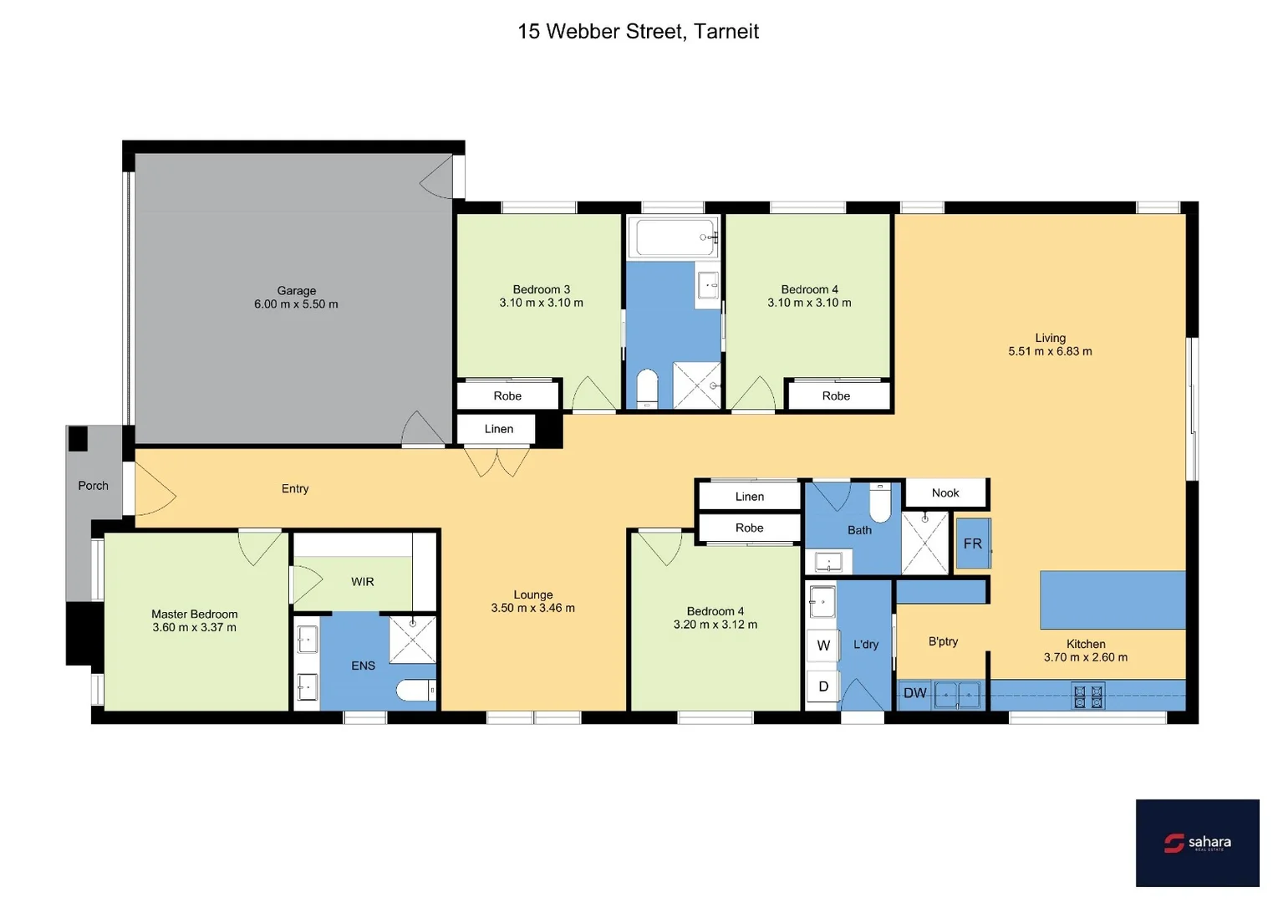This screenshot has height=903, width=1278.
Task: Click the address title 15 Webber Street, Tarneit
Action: click(638, 32)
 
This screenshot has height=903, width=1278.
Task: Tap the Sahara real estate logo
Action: click(1197, 843)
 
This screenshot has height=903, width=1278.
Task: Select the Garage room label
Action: click(297, 291)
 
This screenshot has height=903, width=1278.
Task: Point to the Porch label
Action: click(93, 486)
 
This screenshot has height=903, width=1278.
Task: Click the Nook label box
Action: click(946, 493)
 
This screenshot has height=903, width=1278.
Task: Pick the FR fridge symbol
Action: click(973, 543)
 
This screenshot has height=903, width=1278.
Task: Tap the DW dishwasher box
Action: click(915, 693)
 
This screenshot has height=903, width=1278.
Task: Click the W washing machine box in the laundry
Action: click(823, 645)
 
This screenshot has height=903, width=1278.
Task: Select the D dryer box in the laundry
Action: click(823, 686)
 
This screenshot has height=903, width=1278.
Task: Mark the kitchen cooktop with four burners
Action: click(1087, 696)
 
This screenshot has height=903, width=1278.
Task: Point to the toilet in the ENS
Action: click(415, 691)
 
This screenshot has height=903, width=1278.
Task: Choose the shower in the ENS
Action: click(413, 640)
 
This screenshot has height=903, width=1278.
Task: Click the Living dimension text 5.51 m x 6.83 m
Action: click(1050, 352)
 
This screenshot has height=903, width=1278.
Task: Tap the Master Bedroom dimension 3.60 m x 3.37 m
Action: click(194, 628)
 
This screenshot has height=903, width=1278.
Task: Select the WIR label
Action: click(363, 582)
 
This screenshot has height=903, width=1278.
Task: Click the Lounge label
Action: click(533, 595)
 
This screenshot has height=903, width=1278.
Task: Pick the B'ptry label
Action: click(943, 642)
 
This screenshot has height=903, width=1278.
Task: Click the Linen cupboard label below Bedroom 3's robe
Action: click(499, 430)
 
